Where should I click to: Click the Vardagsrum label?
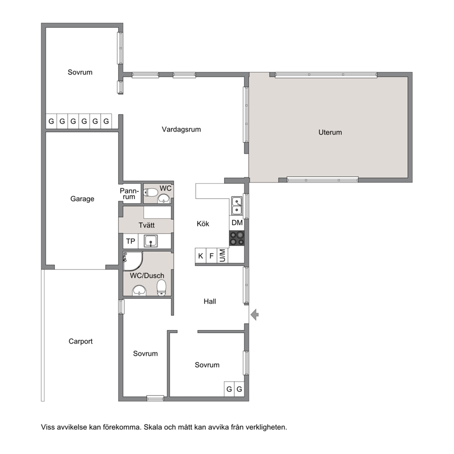(181, 129)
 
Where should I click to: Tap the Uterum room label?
(330, 132)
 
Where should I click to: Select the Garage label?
(82, 199)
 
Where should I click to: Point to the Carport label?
(81, 341)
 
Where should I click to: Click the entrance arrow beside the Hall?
(254, 314)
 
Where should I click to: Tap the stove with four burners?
(237, 238)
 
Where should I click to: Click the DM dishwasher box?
(237, 223)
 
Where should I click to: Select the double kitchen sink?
(237, 206)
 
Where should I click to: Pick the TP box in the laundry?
(130, 241)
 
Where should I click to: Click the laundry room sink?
(151, 241)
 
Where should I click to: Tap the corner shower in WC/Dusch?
(133, 261)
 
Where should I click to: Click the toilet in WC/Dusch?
(162, 287)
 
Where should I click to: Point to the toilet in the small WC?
(151, 192)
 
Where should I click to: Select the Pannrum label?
(130, 194)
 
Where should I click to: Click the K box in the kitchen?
(200, 256)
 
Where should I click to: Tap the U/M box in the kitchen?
(222, 256)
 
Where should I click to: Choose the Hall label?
(210, 302)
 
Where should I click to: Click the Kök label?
(203, 223)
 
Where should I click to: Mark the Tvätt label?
(146, 225)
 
